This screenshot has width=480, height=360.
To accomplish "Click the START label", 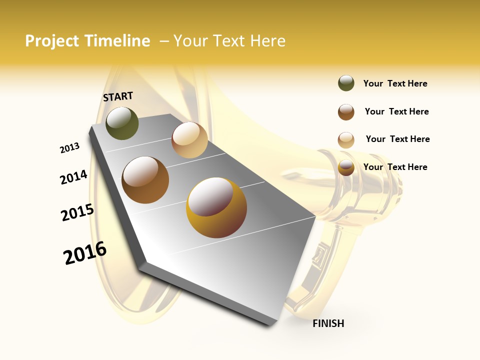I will [118, 96].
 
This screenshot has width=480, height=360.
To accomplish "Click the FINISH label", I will [328, 323].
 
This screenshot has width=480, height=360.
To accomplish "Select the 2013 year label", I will [69, 148].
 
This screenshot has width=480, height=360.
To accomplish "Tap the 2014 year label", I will [73, 177].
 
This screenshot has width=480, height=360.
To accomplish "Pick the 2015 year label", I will [77, 212].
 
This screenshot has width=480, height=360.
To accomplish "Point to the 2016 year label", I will [85, 253].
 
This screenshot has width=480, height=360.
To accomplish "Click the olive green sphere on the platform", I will [122, 123].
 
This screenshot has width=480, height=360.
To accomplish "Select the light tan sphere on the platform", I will [189, 140].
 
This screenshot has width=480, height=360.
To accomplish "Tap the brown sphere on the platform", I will [145, 179].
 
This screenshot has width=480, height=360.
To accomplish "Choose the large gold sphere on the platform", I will [216, 207].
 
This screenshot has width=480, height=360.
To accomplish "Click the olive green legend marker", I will [346, 83].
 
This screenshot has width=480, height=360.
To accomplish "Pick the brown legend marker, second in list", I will [346, 112].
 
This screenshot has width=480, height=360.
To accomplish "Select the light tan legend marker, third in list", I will [346, 140].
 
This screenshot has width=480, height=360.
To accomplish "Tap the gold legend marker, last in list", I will [346, 167].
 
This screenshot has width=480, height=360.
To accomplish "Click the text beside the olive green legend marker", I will [395, 83].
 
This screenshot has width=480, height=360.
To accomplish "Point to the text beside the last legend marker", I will [395, 167].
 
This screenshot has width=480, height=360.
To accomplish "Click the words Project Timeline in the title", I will [87, 41].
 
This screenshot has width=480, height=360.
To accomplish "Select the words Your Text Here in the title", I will [229, 41].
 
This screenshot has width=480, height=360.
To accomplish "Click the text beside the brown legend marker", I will [396, 111].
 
